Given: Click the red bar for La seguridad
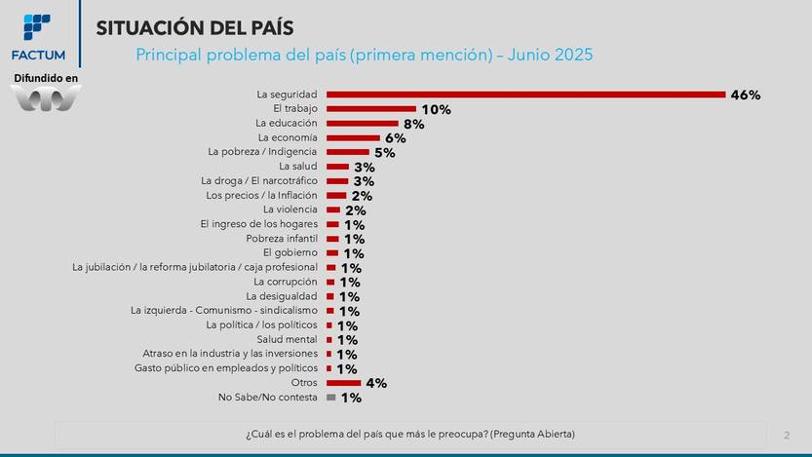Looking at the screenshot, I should (x=525, y=95).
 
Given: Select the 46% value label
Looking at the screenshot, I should (x=745, y=95).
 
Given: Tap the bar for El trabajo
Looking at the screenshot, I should (x=370, y=109).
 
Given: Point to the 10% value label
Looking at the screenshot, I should (x=436, y=110).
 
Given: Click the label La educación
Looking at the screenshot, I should (x=286, y=124).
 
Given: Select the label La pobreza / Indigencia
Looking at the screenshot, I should (x=262, y=152).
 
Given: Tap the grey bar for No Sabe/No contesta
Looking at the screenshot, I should (x=331, y=398).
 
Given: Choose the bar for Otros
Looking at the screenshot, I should (x=343, y=383).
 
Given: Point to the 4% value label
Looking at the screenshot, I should (x=375, y=384).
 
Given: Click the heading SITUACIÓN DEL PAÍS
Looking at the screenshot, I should (x=194, y=28).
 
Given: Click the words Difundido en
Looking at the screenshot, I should (x=45, y=77).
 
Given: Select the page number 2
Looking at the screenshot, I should (x=786, y=434).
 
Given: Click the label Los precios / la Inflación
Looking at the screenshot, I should (x=261, y=196).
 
